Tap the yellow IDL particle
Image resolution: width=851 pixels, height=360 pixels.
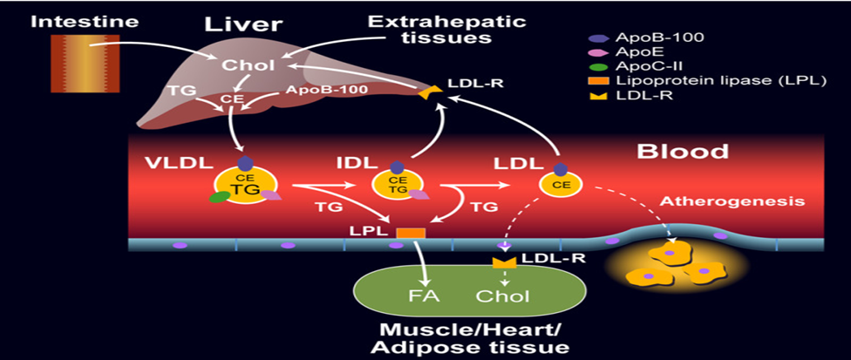click(x=397, y=184)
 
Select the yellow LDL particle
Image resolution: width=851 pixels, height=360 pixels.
click(x=558, y=184)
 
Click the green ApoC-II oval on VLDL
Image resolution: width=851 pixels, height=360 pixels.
click(x=219, y=197)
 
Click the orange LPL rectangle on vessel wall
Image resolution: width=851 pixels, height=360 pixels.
click(x=411, y=233)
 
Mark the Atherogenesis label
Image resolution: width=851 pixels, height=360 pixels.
click(x=731, y=200)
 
